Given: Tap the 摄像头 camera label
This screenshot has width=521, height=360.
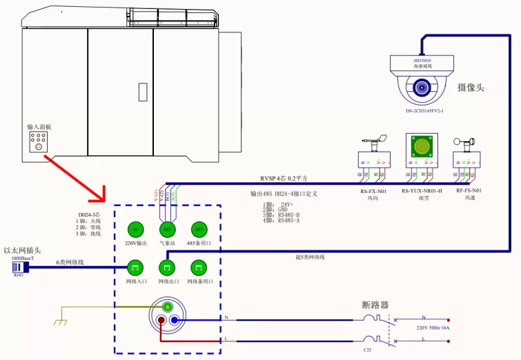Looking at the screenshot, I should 471,88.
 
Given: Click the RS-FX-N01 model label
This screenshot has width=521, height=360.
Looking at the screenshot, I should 373,190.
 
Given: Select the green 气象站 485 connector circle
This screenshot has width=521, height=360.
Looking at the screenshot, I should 166,229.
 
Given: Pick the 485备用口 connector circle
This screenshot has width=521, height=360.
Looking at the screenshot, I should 198,229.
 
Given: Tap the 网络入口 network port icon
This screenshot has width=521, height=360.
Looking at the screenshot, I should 135,266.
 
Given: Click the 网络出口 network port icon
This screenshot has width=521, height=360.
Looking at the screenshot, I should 166,266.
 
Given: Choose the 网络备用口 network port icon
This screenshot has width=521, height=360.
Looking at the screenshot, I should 199,266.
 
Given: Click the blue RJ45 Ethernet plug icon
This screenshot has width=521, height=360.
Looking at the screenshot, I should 17,266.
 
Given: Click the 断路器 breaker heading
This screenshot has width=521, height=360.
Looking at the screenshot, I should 375,305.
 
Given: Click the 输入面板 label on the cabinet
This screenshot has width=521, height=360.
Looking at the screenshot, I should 39,127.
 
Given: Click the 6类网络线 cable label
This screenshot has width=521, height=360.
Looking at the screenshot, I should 70,262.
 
